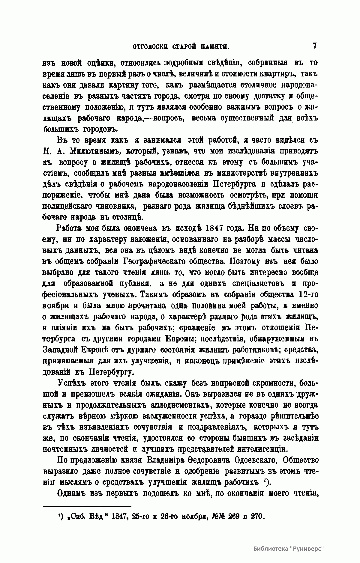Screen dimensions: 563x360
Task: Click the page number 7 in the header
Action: point(315,46)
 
